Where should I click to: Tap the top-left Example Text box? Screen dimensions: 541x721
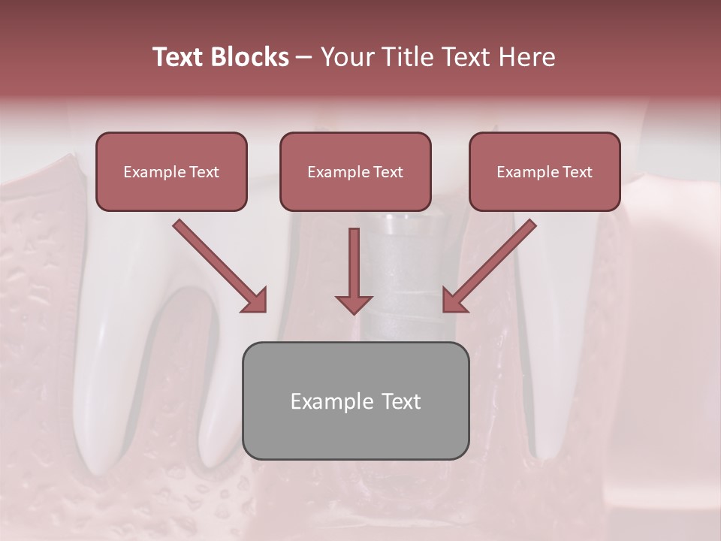click(x=171, y=172)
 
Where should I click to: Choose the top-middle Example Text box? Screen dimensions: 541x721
click(x=355, y=172)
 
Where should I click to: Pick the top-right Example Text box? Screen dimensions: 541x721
click(x=545, y=172)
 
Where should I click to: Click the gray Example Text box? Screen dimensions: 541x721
click(x=355, y=401)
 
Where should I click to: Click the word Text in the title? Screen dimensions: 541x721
click(x=179, y=57)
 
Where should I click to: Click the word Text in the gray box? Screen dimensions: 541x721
click(x=400, y=401)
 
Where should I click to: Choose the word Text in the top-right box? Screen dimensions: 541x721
click(x=576, y=172)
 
